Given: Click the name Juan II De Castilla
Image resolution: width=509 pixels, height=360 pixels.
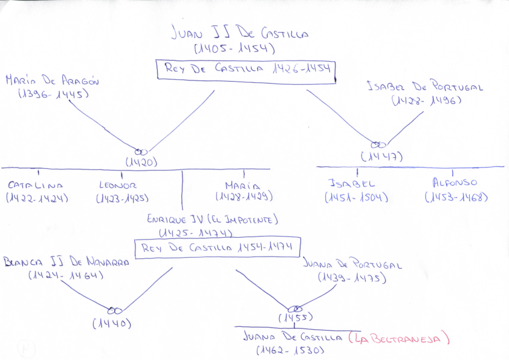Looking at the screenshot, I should (x=239, y=33).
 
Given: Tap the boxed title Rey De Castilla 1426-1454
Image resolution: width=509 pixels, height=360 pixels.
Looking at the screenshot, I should (x=245, y=69).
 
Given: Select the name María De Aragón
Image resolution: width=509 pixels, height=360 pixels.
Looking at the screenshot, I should (x=52, y=80).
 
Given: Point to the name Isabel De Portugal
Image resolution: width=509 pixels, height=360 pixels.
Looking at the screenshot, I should (x=425, y=87).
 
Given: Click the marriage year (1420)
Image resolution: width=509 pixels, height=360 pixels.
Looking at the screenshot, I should (x=141, y=162).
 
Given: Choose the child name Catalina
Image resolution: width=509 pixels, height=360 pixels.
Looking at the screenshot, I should (x=35, y=185).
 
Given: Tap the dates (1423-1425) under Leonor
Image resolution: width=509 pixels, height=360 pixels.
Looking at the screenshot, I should (x=122, y=198).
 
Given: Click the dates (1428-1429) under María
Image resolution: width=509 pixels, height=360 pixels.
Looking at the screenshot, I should (x=244, y=197).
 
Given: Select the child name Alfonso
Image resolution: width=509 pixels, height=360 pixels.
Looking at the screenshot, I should (x=455, y=182).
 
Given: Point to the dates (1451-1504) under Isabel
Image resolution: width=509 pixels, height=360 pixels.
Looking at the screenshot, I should (x=356, y=197).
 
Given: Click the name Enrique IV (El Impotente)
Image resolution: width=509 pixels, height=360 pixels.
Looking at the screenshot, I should (x=212, y=220).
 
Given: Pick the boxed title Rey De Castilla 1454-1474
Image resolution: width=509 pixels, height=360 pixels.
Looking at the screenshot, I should (x=217, y=247).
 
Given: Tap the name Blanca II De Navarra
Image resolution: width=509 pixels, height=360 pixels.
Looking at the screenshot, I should (x=66, y=263).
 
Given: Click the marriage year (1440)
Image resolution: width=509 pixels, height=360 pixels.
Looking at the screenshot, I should (x=112, y=324).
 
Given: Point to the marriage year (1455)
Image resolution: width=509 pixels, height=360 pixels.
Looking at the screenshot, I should (x=296, y=318).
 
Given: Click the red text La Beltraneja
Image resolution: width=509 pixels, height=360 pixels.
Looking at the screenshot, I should (x=400, y=338).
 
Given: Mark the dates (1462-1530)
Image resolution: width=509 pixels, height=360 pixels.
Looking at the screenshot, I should (x=291, y=350).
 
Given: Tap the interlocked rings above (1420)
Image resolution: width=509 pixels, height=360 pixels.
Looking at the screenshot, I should (x=140, y=151).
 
